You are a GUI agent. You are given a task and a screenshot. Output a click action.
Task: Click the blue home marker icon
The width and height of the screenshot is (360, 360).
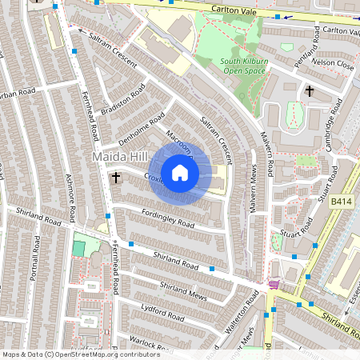tap(180, 172)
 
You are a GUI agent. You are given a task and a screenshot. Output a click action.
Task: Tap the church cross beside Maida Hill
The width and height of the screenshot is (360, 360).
tap(116, 177)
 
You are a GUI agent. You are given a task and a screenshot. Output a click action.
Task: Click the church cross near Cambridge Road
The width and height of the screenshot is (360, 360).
tap(310, 91)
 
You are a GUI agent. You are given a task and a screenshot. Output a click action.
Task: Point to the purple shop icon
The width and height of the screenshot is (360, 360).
tap(274, 285)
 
